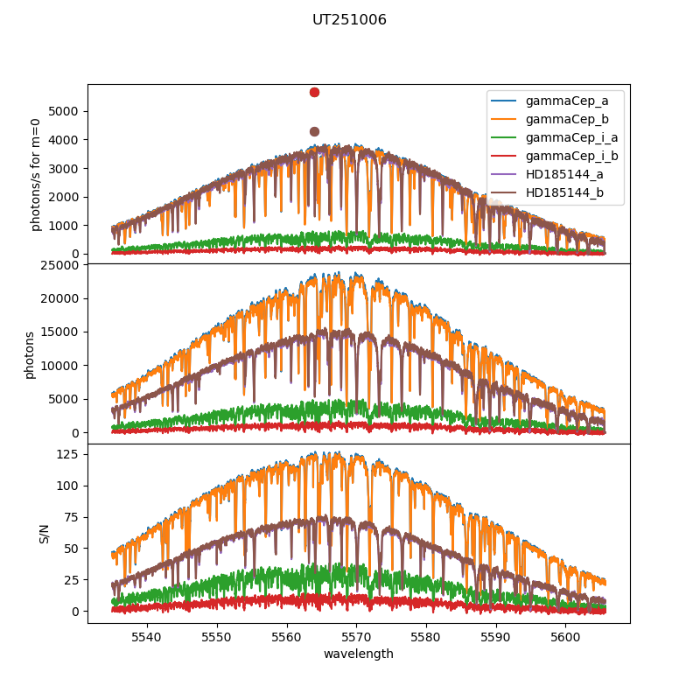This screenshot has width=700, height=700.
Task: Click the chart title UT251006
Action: click(349, 20)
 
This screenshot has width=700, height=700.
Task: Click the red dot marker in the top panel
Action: click(314, 92)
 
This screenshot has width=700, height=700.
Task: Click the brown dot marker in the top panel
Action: click(314, 131)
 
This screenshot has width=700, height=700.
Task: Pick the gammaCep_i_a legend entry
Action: click(578, 137)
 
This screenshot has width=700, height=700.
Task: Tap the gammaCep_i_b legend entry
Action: click(578, 156)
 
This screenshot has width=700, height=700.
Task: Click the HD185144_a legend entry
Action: click(574, 174)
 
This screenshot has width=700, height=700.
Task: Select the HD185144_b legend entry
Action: click(574, 192)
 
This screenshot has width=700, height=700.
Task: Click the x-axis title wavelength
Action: click(358, 654)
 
